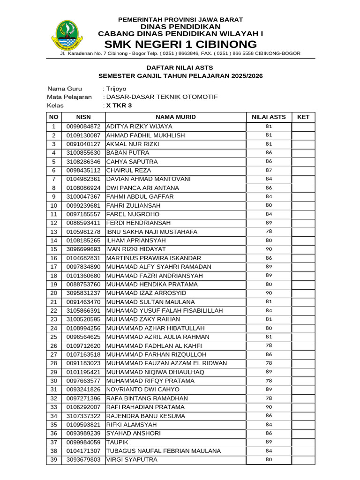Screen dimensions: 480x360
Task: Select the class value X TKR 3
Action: [x=119, y=105]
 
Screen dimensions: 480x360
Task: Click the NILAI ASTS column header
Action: [x=269, y=117]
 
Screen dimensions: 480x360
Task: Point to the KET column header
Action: [x=303, y=117]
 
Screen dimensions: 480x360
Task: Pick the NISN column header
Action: [x=83, y=117]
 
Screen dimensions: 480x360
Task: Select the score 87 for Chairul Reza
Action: [x=269, y=170]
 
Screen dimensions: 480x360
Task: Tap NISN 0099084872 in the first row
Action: [x=83, y=127]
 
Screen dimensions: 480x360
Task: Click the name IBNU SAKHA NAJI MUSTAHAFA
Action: [x=152, y=232]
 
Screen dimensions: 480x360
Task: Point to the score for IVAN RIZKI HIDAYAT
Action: [x=269, y=249]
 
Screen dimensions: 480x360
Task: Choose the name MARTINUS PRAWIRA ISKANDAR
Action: [x=154, y=258]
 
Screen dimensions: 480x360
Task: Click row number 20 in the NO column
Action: [x=53, y=293]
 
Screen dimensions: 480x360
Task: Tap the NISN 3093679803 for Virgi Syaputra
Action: [x=83, y=460]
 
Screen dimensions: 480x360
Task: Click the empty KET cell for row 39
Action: [x=303, y=460]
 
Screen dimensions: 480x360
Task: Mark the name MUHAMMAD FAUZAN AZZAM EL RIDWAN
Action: [x=167, y=363]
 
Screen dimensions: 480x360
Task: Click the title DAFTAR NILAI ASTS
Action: [x=180, y=67]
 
